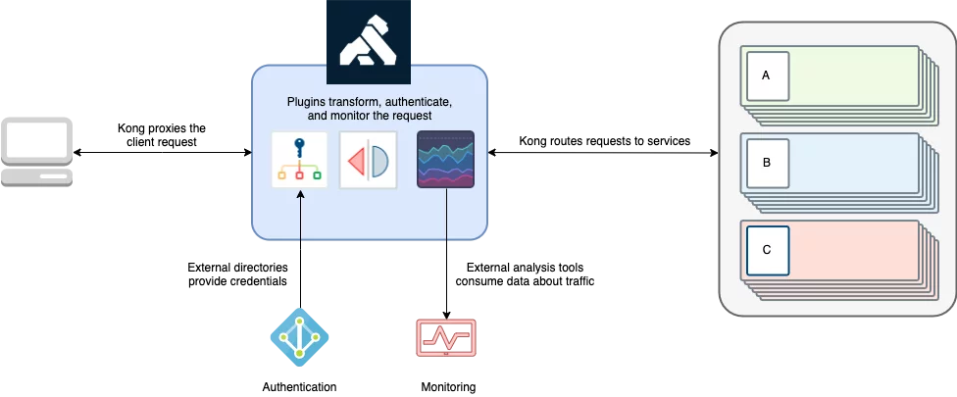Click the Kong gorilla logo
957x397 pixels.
(369, 41)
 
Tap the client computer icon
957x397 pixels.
(36, 152)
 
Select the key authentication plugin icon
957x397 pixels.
(300, 159)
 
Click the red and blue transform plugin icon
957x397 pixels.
(368, 160)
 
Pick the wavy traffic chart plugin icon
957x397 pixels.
(445, 159)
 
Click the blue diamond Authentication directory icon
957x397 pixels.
(300, 337)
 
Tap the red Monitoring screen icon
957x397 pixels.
(446, 338)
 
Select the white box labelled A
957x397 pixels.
(767, 75)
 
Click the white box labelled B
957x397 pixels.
(767, 163)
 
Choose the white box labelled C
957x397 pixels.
(767, 250)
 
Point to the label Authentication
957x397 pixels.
(300, 387)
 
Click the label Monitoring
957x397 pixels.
(448, 387)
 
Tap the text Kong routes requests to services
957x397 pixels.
(605, 141)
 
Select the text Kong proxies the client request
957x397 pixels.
(162, 135)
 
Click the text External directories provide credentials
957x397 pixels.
(237, 274)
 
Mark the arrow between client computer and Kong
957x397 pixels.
(163, 152)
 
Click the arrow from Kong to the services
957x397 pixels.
(603, 153)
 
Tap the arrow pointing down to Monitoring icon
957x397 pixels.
(446, 254)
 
